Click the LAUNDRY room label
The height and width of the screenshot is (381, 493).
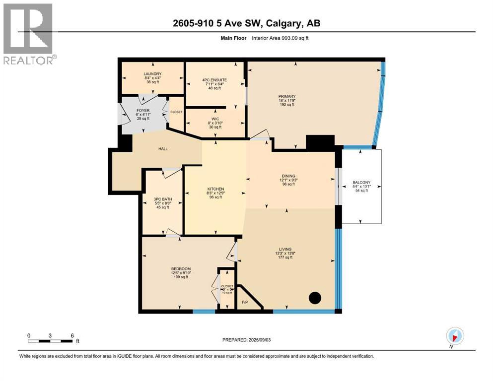tap(152, 74)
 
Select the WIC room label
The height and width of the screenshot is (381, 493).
tap(215, 119)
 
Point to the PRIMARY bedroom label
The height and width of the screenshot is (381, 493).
tap(287, 96)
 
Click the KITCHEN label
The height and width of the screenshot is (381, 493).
tap(215, 189)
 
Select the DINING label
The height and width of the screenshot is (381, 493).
tap(288, 176)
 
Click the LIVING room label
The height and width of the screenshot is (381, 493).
tap(285, 249)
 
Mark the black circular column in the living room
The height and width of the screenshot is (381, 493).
tap(315, 298)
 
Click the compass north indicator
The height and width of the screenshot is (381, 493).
tap(454, 336)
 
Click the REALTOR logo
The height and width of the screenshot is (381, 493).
tap(28, 34)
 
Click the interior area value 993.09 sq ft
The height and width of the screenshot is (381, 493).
tap(286, 38)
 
